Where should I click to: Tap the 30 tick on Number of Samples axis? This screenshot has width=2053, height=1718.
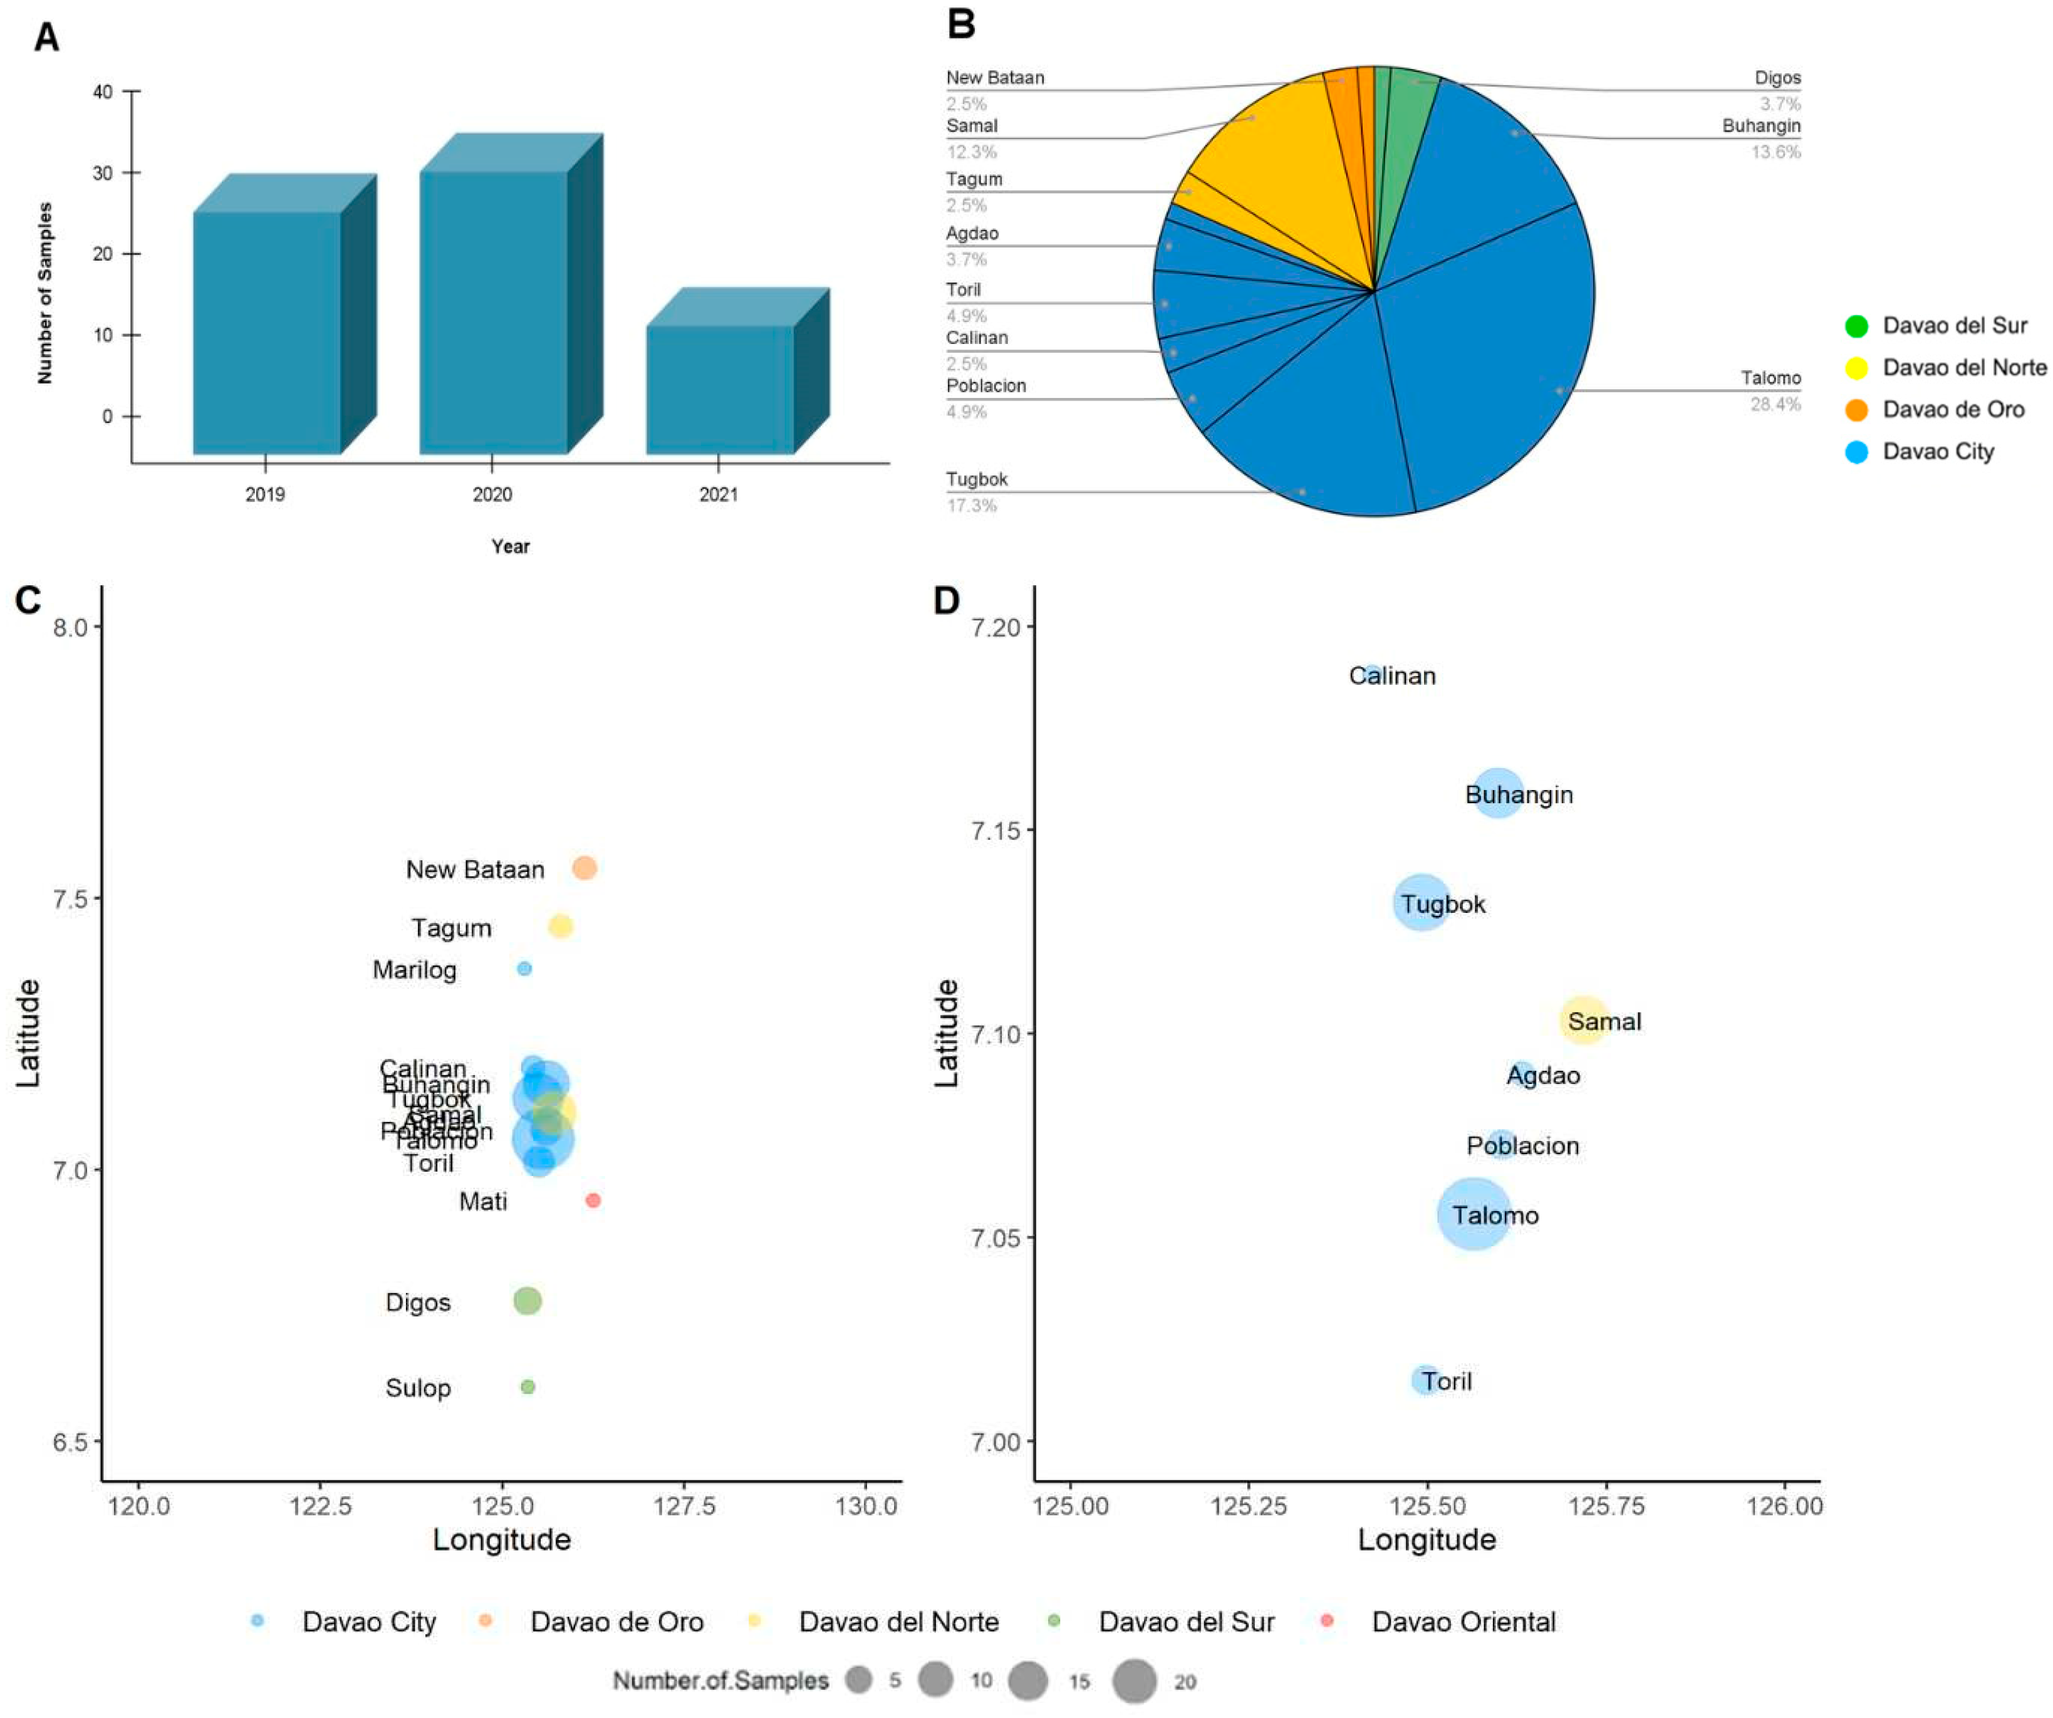coord(103,173)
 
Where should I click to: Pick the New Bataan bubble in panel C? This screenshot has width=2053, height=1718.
coord(585,868)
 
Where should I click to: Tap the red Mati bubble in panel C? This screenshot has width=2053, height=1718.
coord(593,1200)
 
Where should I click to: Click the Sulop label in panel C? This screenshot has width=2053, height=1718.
coord(418,1388)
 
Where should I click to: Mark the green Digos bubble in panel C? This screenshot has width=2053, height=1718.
coord(527,1301)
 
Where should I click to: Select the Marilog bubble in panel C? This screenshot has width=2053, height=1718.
coord(524,969)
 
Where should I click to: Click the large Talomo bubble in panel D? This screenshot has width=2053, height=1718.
coord(1473,1214)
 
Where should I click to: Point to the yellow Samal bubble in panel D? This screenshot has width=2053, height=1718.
coord(1584,1021)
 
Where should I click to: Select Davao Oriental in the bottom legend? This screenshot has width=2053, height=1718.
coord(1462,1622)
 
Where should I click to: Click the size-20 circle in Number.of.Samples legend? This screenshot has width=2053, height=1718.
coord(1134,1682)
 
